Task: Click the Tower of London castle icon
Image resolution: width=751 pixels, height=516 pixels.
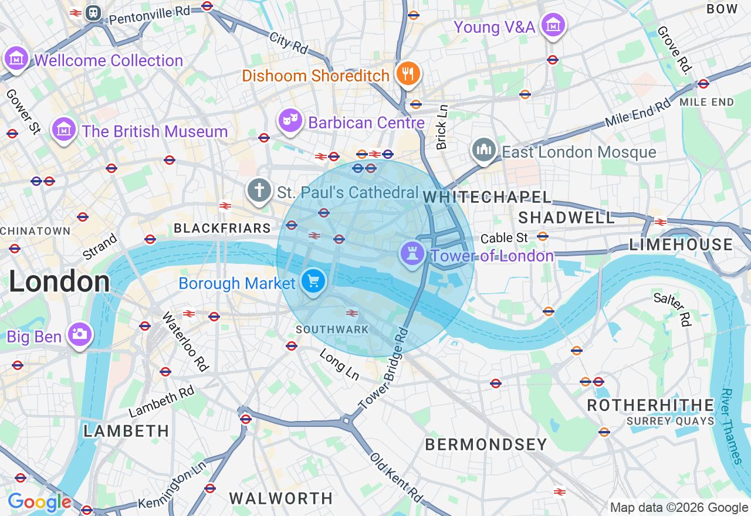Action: click(x=412, y=253)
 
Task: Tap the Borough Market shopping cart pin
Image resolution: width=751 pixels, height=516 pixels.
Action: click(x=313, y=281)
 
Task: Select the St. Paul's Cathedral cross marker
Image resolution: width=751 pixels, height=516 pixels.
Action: click(x=259, y=190)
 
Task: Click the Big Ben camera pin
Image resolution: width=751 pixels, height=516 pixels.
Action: click(x=79, y=334)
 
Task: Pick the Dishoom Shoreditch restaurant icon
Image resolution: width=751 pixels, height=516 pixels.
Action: click(x=408, y=73)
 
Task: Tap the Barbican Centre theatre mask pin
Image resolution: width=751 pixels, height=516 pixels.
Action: click(x=290, y=121)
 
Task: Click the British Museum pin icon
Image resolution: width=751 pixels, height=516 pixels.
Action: click(x=63, y=129)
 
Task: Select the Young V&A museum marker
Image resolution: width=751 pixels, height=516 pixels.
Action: click(x=553, y=25)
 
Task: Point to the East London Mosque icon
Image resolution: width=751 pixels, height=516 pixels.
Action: click(x=483, y=150)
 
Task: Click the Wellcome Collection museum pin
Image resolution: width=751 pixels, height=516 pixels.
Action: click(x=16, y=58)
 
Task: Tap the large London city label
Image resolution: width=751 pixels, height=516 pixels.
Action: click(x=59, y=283)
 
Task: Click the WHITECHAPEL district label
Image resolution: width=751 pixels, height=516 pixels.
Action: click(x=487, y=197)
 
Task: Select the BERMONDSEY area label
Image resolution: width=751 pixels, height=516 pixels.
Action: click(x=486, y=444)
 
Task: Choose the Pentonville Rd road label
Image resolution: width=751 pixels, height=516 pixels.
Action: click(x=150, y=15)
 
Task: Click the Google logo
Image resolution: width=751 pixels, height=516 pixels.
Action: click(x=39, y=503)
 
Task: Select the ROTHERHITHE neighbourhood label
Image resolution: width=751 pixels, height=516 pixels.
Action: click(x=650, y=405)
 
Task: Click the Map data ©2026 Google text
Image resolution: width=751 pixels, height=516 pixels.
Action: click(x=679, y=508)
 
